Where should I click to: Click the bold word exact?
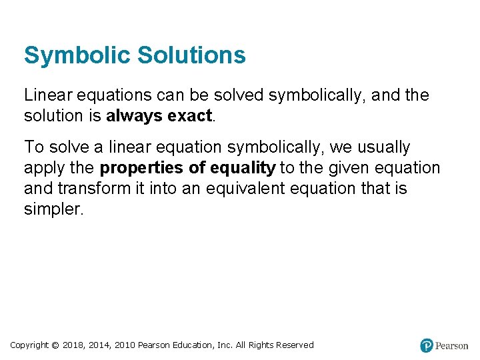coord(189,116)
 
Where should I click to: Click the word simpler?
coord(53,209)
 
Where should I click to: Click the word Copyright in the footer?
coord(29,345)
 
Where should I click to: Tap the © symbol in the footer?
coord(55,345)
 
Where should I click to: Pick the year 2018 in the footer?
coord(73,345)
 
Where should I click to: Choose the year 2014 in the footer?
coord(100,345)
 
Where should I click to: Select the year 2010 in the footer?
coord(125,345)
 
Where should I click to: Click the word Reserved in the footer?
coord(293,345)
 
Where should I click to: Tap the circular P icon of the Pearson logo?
coord(427,345)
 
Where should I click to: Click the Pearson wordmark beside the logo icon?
coord(452,346)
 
